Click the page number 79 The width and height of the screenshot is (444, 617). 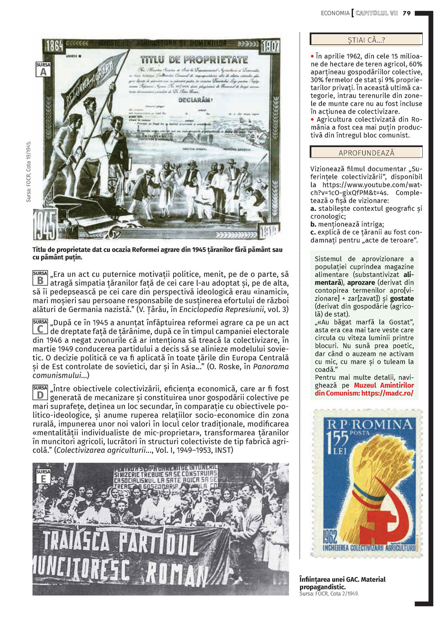[407, 13]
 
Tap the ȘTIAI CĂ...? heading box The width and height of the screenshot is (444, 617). [366, 40]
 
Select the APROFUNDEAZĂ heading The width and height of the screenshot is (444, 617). [366, 153]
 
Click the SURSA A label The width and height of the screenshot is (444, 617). [43, 70]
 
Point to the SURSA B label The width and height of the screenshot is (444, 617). [40, 278]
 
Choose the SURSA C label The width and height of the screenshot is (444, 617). [40, 327]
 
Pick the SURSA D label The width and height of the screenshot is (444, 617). [40, 393]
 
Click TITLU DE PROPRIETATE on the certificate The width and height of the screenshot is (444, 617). [194, 59]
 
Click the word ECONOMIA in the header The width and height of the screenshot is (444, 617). [335, 13]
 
